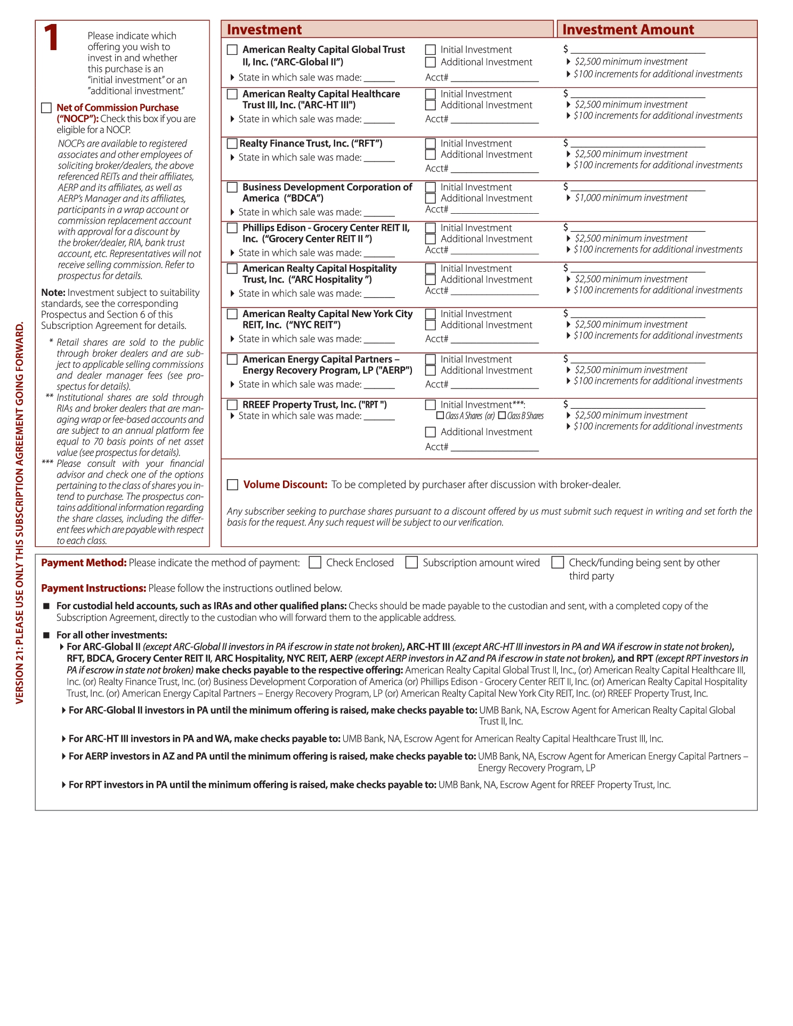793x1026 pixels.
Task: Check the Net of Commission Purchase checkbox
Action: [x=46, y=108]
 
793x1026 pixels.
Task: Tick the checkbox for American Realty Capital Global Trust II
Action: [x=232, y=50]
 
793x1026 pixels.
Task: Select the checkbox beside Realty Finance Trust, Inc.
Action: [x=232, y=143]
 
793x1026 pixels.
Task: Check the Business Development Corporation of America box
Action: [x=232, y=187]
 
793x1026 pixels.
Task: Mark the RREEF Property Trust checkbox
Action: [x=232, y=405]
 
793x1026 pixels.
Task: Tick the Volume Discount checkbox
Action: [x=232, y=484]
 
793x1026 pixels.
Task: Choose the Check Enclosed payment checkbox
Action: [x=315, y=563]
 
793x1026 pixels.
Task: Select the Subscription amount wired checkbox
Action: [x=411, y=563]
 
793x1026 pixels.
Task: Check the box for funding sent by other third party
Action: [x=557, y=563]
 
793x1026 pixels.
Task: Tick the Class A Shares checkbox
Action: [x=440, y=416]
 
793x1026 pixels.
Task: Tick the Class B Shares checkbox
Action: [x=502, y=416]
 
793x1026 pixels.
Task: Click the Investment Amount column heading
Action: [x=628, y=29]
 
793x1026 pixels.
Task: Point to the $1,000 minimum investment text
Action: [x=631, y=198]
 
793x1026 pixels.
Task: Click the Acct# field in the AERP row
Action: [x=495, y=385]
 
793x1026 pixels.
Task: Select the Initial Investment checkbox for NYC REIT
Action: [x=431, y=314]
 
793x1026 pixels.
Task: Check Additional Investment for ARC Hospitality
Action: [x=431, y=280]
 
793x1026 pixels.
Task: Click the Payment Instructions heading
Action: [x=93, y=588]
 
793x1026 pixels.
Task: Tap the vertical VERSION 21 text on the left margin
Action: [x=20, y=512]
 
